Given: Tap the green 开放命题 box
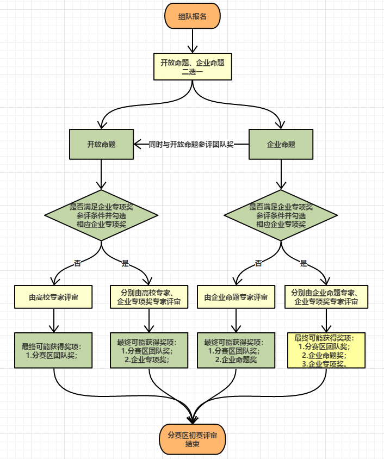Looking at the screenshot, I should click(101, 144).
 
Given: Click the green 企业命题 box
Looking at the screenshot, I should click(281, 144).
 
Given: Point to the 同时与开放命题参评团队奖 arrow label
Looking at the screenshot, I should click(191, 144).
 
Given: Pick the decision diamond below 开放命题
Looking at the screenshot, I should click(102, 215).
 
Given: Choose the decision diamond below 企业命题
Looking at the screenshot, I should click(281, 215).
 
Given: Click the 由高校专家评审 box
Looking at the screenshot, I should click(53, 297).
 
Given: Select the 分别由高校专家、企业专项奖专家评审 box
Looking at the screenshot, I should click(148, 297).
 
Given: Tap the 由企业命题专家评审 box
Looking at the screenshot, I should click(236, 297).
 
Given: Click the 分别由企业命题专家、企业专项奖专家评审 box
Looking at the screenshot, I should click(325, 297).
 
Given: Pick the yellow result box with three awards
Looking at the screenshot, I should click(325, 351).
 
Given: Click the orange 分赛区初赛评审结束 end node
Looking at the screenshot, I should click(192, 439).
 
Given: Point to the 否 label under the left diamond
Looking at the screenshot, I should click(78, 263).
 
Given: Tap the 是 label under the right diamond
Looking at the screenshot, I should click(304, 263).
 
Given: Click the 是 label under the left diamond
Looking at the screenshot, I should click(125, 263).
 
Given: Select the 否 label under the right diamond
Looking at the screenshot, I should click(258, 263).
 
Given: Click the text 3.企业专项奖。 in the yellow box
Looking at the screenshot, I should click(324, 364).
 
